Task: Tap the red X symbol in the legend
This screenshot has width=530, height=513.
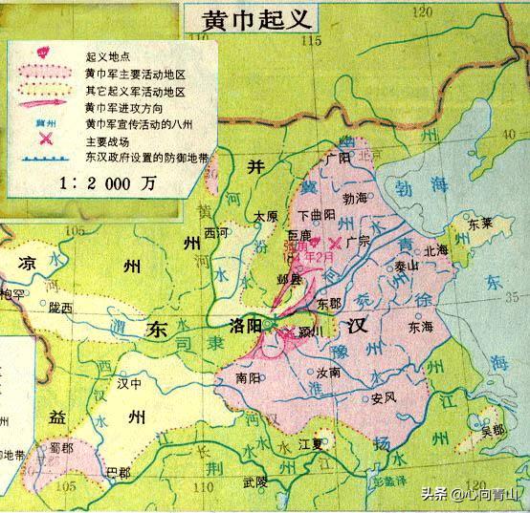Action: pyautogui.click(x=44, y=139)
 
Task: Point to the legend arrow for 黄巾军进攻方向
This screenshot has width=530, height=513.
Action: pyautogui.click(x=45, y=107)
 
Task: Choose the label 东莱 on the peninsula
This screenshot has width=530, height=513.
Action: pyautogui.click(x=482, y=225)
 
